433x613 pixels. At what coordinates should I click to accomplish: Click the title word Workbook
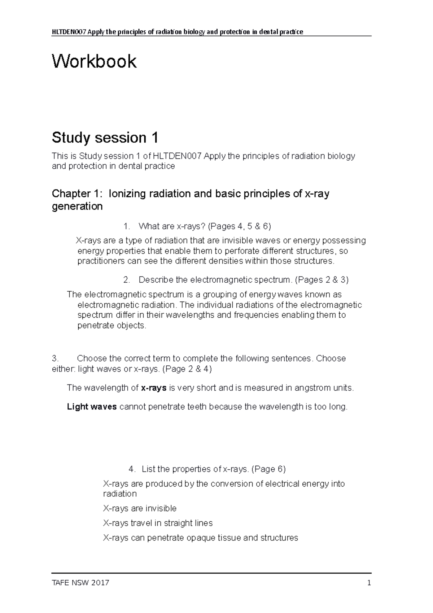pyautogui.click(x=94, y=61)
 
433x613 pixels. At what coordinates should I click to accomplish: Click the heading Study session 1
pyautogui.click(x=105, y=138)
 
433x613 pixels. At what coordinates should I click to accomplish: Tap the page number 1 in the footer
pyautogui.click(x=369, y=583)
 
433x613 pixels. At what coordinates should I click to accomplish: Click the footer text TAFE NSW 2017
pyautogui.click(x=80, y=583)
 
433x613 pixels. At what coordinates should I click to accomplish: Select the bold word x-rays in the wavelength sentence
pyautogui.click(x=154, y=388)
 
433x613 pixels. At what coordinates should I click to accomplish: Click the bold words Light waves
pyautogui.click(x=92, y=407)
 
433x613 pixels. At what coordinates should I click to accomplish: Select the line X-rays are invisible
pyautogui.click(x=140, y=509)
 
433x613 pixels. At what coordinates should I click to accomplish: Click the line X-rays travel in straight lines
pyautogui.click(x=158, y=523)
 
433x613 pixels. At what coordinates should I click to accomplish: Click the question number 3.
pyautogui.click(x=55, y=358)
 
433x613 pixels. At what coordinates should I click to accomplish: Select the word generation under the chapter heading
pyautogui.click(x=77, y=206)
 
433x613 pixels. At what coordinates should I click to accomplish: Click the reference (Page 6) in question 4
pyautogui.click(x=268, y=469)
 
